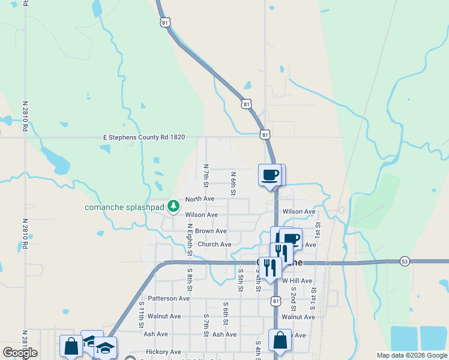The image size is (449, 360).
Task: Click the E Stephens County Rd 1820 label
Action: [143, 137]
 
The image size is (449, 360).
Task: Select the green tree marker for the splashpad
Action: [173, 206]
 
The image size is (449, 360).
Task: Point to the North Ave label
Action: [200, 199]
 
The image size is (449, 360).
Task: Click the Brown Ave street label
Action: [211, 231]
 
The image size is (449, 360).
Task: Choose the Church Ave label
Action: [214, 245]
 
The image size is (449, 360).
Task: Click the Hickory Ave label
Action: [163, 352]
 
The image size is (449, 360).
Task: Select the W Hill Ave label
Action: [297, 280]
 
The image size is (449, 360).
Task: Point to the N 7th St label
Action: [206, 175]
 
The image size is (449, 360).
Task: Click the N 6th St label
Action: [234, 182]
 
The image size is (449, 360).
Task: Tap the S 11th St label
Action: [142, 314]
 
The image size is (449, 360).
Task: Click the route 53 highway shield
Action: [405, 262]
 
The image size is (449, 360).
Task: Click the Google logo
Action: [20, 353]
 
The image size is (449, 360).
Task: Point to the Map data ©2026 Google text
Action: [412, 355]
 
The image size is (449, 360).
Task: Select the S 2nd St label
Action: [294, 295]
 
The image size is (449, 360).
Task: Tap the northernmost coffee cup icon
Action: [270, 175]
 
